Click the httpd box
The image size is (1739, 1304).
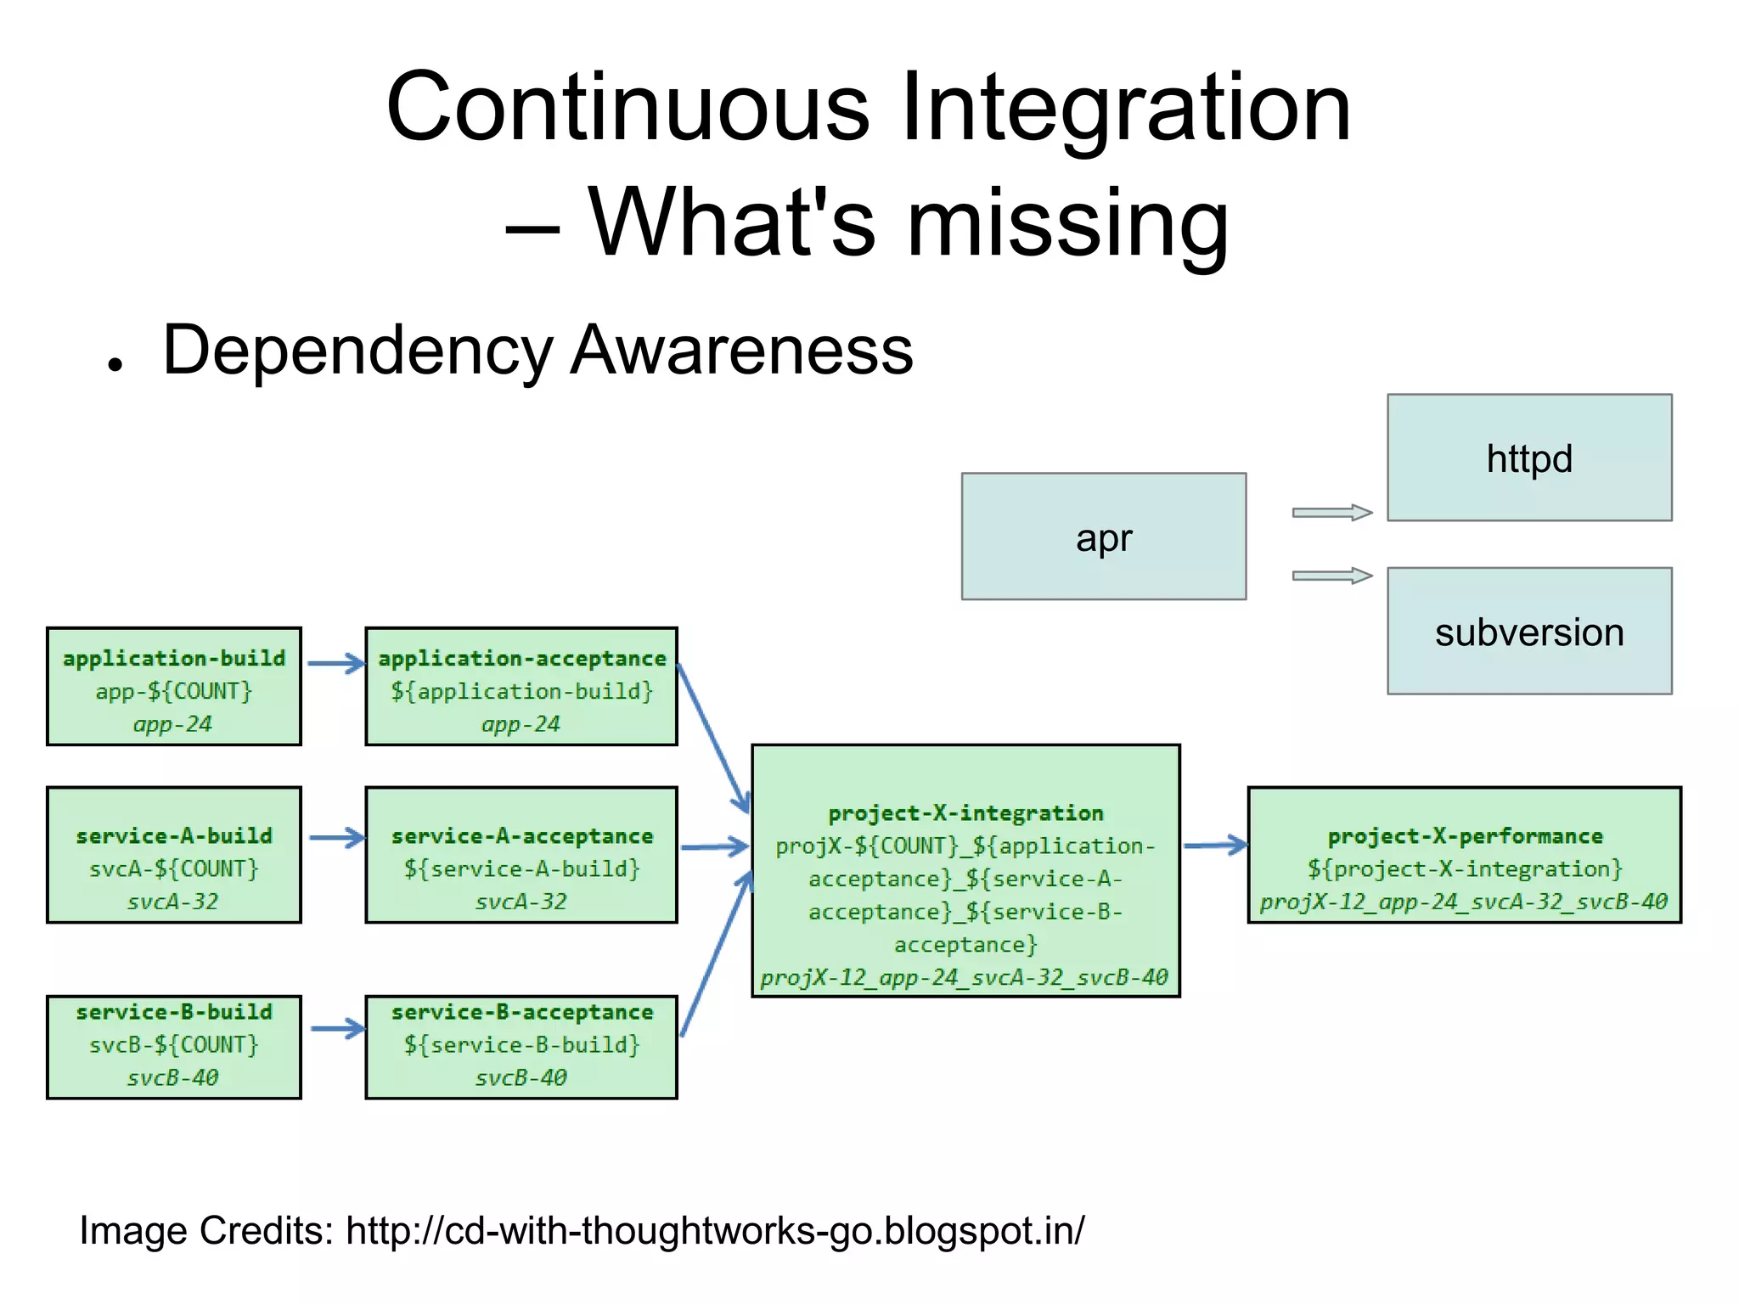click(1528, 458)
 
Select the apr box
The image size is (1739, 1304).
click(1103, 537)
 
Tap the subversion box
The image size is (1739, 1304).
click(1528, 632)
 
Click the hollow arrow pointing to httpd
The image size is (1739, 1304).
click(1331, 512)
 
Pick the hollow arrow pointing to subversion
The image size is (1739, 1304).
click(1331, 576)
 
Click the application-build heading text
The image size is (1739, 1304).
click(174, 658)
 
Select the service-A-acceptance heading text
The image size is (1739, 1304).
click(521, 835)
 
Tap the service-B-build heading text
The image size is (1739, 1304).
click(174, 1011)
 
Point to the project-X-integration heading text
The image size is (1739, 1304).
click(965, 812)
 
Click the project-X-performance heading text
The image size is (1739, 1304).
click(1465, 835)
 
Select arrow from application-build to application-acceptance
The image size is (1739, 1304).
click(335, 663)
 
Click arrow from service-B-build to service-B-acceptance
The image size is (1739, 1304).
click(337, 1029)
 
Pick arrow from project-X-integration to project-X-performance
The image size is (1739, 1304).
click(1215, 845)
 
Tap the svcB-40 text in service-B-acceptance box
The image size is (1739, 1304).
click(521, 1077)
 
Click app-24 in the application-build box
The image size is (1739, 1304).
click(172, 724)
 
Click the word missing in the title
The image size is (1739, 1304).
click(1067, 222)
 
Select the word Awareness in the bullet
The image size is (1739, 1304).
click(741, 350)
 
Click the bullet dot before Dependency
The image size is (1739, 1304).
click(115, 364)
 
